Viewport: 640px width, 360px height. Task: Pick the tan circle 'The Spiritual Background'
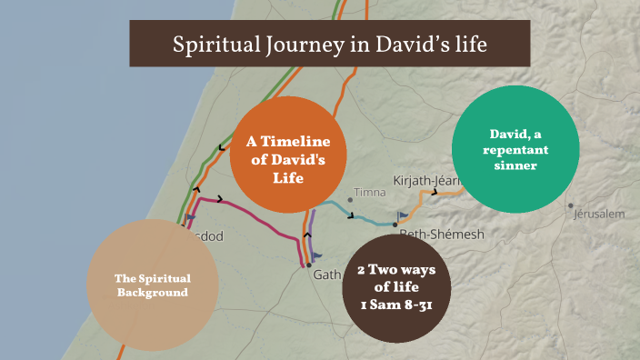(x=152, y=285)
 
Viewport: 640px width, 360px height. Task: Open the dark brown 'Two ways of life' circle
(x=397, y=288)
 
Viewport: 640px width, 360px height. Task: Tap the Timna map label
(x=370, y=193)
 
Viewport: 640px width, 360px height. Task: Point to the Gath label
(x=327, y=274)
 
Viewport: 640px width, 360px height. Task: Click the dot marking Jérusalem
(x=571, y=205)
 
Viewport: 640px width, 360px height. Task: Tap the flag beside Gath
(x=317, y=257)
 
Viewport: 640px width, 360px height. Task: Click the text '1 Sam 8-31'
(x=397, y=305)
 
